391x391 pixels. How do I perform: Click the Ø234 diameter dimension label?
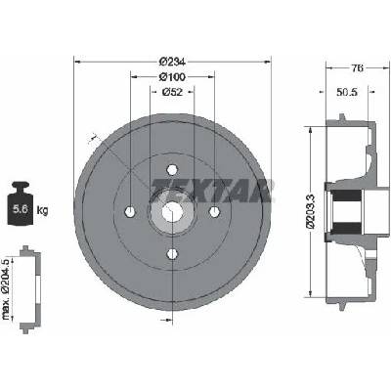point(172,62)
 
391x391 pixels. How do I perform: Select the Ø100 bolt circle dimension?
point(172,77)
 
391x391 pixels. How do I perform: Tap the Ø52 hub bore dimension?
point(172,92)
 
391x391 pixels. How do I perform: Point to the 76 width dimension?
point(357,68)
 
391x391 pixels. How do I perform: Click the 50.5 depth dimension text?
point(347,92)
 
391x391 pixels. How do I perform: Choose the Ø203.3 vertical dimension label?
point(310,211)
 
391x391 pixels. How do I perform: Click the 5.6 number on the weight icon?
point(21,209)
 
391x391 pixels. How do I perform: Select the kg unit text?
point(42,210)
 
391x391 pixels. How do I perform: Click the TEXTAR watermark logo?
point(212,191)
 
